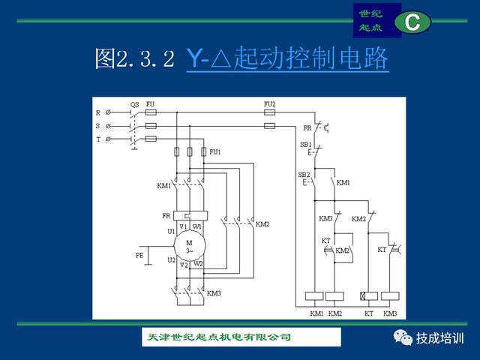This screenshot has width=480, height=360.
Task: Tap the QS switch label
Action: point(134,104)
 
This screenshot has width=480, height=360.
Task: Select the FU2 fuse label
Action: point(270,103)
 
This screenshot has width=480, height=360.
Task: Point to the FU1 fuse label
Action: point(215,152)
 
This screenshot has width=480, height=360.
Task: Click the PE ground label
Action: point(139,256)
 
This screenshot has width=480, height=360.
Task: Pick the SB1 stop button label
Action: point(305,144)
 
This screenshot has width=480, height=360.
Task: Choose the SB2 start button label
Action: point(304,175)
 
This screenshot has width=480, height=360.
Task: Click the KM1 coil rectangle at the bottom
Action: point(316,296)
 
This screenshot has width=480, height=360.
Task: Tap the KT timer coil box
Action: point(369,296)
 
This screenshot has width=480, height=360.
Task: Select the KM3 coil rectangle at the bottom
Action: point(390,296)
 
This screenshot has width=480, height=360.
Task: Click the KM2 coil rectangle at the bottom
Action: point(335,296)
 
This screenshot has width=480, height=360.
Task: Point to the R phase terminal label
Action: point(97,112)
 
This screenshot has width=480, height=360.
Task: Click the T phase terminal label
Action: point(97,139)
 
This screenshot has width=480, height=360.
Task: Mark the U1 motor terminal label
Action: point(171,230)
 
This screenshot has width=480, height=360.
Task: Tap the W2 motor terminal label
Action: point(198,263)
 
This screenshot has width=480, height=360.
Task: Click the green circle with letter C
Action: point(412,22)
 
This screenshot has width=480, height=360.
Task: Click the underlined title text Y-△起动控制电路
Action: point(287,58)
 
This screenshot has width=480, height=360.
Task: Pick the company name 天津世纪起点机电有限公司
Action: point(217,337)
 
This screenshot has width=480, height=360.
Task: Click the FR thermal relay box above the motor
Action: point(190,215)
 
